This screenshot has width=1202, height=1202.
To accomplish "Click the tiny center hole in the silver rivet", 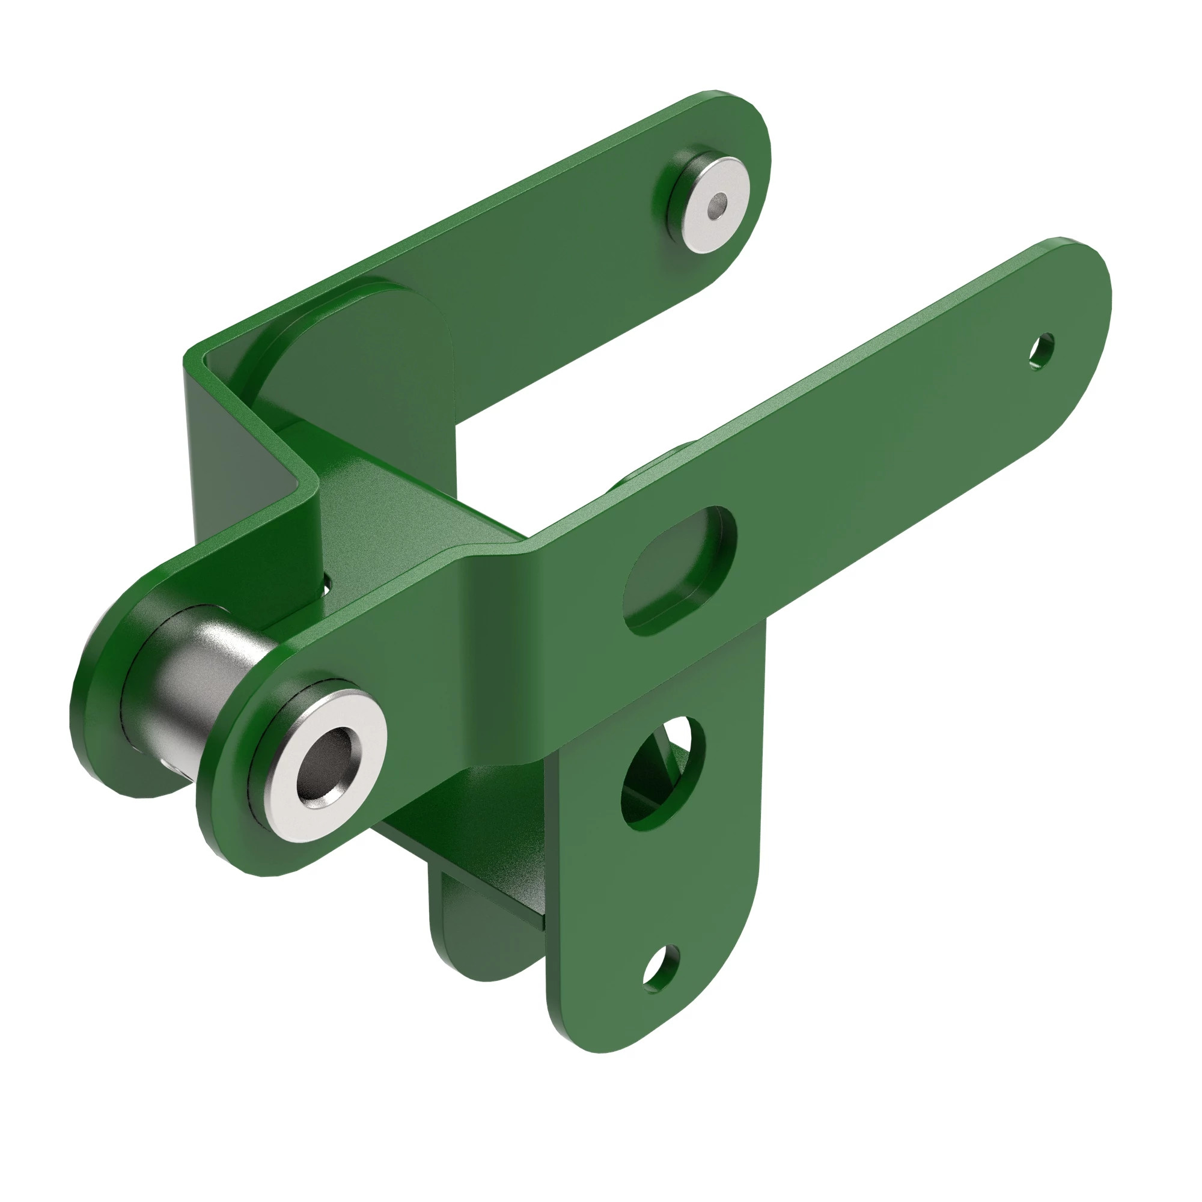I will pyautogui.click(x=720, y=202).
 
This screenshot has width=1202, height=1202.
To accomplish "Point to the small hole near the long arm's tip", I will pyautogui.click(x=1041, y=352).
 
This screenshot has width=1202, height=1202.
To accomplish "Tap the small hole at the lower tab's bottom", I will pyautogui.click(x=660, y=968).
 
